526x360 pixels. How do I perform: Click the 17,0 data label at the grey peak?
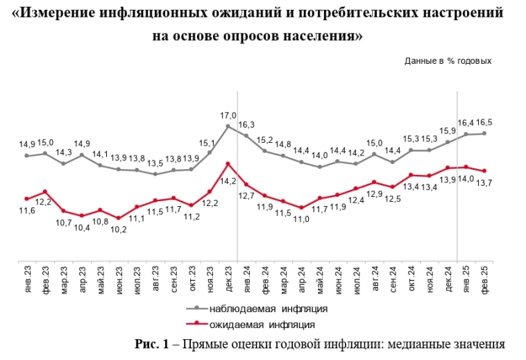(x=228, y=116)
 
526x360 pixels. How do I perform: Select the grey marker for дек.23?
(x=228, y=126)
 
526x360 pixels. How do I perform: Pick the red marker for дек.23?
(x=228, y=164)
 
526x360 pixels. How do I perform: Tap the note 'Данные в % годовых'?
(x=448, y=61)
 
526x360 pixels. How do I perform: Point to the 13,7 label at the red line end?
(x=484, y=182)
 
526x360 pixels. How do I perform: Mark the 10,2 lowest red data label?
(x=119, y=229)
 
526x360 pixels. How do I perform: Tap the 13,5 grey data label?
(x=155, y=164)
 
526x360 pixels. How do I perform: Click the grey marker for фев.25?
(x=484, y=133)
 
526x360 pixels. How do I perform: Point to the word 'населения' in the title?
(x=321, y=35)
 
